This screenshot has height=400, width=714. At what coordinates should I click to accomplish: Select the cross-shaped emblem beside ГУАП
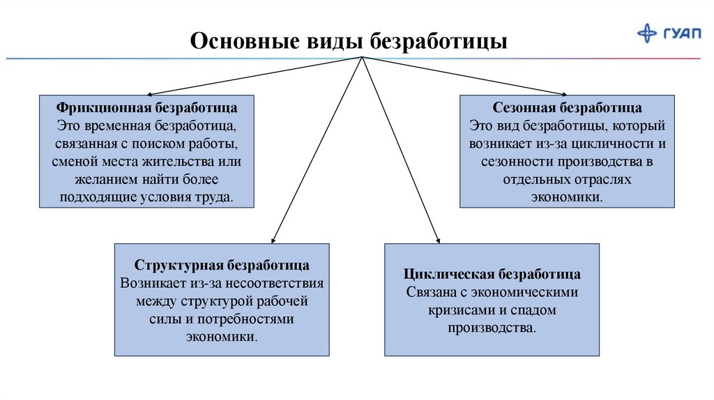(x=648, y=33)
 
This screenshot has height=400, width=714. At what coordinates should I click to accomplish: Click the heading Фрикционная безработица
(x=147, y=109)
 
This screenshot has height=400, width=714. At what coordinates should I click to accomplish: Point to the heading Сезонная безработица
(x=567, y=109)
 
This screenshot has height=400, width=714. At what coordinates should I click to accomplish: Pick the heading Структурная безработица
(x=222, y=266)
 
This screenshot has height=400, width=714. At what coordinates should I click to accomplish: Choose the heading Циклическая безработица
(x=492, y=273)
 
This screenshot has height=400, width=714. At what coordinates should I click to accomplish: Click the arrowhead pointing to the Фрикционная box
(x=147, y=93)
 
